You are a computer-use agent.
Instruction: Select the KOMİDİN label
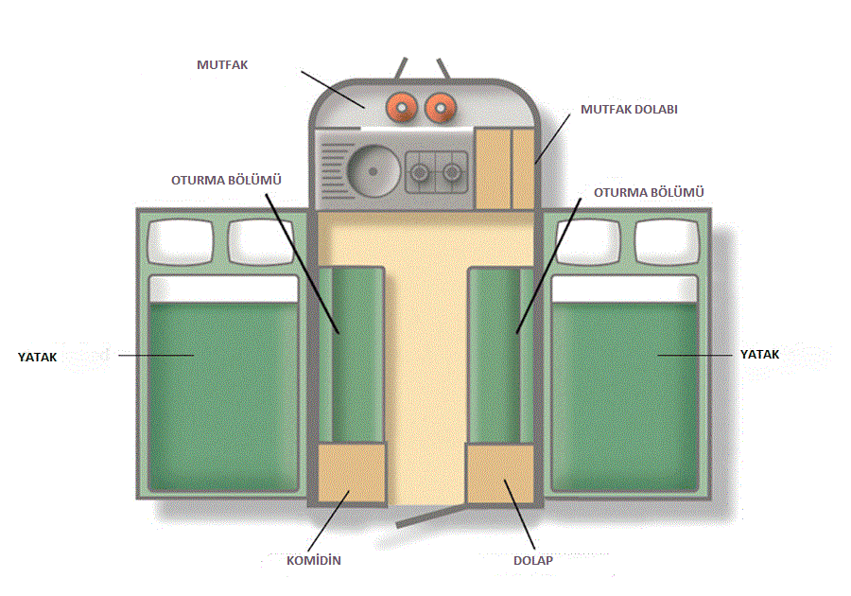tap(313, 561)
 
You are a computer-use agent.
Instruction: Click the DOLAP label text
tap(532, 561)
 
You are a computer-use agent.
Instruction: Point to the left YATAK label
tap(38, 356)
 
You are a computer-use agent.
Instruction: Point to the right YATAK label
tap(759, 354)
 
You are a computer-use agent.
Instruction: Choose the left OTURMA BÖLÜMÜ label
tap(227, 179)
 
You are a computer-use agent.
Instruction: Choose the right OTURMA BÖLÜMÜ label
tap(649, 193)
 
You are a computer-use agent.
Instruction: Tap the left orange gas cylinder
tap(403, 108)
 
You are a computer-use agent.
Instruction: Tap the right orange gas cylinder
tap(440, 108)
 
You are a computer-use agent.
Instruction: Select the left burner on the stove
tap(419, 173)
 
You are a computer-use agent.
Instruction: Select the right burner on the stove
tap(454, 173)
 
